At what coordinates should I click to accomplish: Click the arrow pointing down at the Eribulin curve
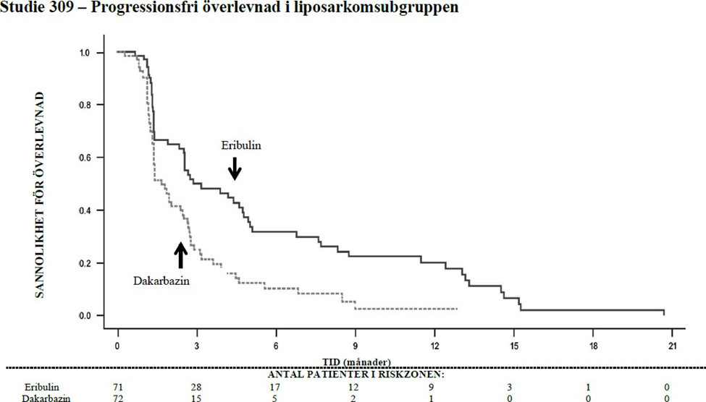(235, 169)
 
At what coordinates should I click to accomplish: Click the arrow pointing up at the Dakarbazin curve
(180, 255)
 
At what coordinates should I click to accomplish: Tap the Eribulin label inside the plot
(241, 145)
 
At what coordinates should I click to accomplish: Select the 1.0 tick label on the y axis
(85, 53)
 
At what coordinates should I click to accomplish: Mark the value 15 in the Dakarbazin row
(197, 397)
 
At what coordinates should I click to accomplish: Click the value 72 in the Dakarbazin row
(118, 397)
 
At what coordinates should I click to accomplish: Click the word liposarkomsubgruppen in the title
(395, 10)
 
